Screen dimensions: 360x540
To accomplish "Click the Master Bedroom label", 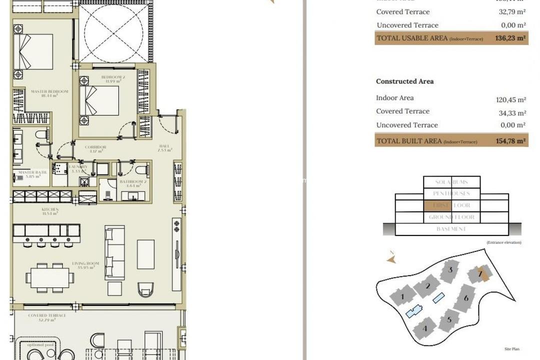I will (49, 91).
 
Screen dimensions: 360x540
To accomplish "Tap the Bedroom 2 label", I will (113, 77).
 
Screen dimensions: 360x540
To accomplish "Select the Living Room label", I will (85, 263).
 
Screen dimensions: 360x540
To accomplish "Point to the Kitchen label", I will (50, 209).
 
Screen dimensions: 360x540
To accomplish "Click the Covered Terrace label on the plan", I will (44, 316).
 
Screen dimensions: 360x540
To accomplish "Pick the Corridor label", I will (95, 147).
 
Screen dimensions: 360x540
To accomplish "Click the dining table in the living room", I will (50, 277).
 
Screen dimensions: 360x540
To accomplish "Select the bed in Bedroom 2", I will (100, 100).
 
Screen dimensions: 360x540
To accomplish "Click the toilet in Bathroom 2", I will (141, 169).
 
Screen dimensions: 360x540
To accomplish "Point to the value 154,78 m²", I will (510, 141).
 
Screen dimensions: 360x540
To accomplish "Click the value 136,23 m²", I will (510, 38).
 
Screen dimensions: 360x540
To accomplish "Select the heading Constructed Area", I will (404, 81).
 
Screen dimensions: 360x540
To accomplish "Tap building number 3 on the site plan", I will (450, 270).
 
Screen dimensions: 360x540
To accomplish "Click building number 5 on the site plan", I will (449, 319).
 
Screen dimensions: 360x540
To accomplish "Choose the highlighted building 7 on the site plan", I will (479, 273).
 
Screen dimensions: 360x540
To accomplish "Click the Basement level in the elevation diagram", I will (451, 229).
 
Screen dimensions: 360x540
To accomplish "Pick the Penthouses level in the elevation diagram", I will (451, 193).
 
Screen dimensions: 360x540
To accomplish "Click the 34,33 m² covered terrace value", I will (510, 113).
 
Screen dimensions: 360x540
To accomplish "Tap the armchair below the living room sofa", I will (145, 289).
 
